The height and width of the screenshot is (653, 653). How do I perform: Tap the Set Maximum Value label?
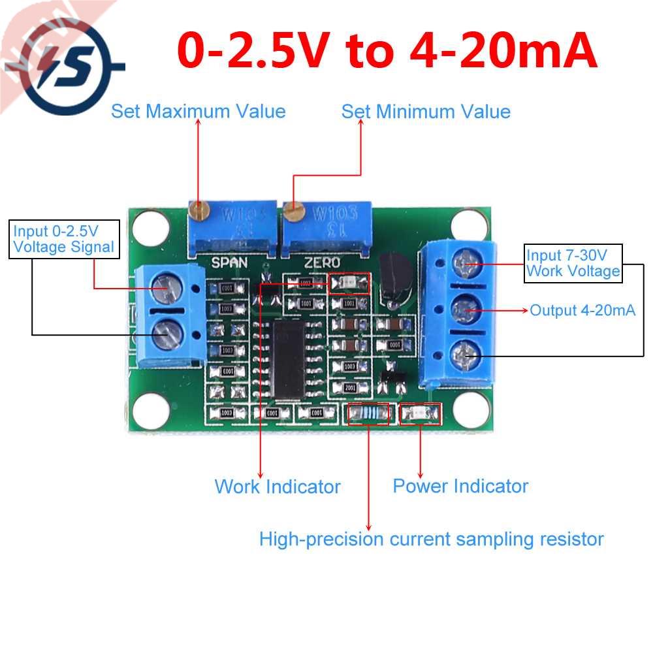click(198, 111)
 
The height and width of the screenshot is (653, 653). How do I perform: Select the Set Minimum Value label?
click(426, 111)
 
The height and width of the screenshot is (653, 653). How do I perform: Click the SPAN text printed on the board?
click(229, 263)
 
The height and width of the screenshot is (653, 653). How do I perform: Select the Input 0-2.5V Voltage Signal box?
click(65, 239)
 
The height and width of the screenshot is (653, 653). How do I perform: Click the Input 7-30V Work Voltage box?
click(573, 263)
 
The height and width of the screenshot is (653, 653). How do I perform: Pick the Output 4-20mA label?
click(582, 311)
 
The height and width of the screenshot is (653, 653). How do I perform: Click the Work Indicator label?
click(278, 486)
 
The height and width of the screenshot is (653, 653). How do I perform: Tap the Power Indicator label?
click(460, 486)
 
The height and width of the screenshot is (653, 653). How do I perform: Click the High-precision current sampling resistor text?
click(431, 539)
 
